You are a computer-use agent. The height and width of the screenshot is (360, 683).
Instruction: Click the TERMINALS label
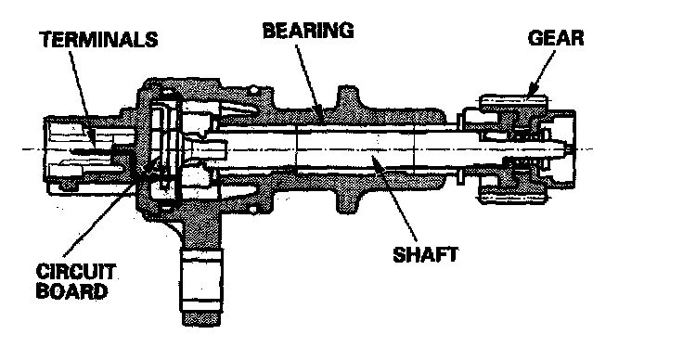[99, 39]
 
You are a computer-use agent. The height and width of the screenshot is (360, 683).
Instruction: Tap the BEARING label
[308, 31]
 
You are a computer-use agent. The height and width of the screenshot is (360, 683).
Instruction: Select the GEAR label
[556, 38]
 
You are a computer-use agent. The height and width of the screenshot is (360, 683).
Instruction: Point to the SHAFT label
[425, 254]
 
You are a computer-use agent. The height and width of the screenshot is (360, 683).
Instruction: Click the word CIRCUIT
[76, 272]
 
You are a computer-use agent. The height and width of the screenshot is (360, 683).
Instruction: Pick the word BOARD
[71, 290]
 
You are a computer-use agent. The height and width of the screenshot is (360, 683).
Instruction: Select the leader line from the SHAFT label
[395, 199]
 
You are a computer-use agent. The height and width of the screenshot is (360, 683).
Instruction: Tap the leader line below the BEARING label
[309, 82]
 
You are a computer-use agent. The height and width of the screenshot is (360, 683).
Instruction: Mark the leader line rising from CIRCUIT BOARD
[110, 206]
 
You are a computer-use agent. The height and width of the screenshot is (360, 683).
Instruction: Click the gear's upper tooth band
[513, 101]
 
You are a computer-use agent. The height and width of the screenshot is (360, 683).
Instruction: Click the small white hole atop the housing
[252, 91]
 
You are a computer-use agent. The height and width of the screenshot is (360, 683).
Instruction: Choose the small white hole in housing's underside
[252, 210]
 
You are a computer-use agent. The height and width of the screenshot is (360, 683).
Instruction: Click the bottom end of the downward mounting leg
[201, 324]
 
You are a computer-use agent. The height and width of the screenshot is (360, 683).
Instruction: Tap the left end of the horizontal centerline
[22, 149]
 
